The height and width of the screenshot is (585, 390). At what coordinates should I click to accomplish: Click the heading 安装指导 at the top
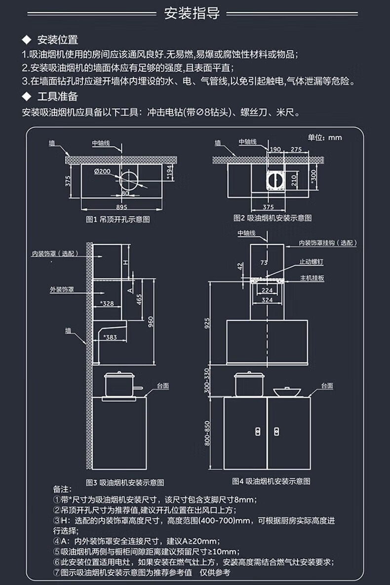(192, 13)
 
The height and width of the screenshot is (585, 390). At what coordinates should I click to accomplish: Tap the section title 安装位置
(57, 40)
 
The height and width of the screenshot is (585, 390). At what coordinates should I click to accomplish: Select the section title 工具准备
(57, 97)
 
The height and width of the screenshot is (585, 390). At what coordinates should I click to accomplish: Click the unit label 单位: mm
(325, 137)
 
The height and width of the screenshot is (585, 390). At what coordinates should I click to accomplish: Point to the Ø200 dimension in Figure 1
(102, 171)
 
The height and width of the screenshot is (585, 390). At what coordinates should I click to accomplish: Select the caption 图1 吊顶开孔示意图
(117, 219)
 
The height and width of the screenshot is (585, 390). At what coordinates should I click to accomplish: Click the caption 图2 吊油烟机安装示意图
(273, 218)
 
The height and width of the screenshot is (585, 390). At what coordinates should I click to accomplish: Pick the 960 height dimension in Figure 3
(151, 321)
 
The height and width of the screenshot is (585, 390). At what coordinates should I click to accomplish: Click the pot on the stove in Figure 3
(120, 385)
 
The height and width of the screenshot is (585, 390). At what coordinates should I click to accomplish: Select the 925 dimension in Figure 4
(207, 323)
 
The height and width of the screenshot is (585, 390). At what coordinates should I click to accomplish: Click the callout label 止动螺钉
(311, 262)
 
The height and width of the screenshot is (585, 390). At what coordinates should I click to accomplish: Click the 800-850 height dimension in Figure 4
(207, 433)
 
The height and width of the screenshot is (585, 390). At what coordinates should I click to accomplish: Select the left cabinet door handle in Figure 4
(257, 431)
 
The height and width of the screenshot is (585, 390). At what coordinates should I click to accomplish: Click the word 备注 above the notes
(62, 489)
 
